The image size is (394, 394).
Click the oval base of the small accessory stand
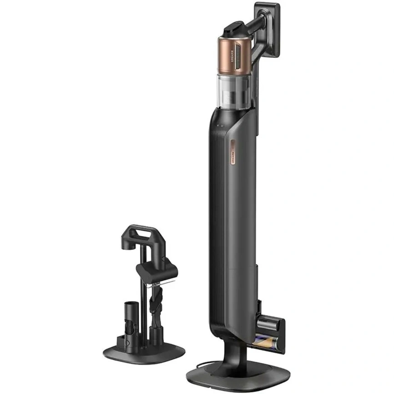coord(143,352)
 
